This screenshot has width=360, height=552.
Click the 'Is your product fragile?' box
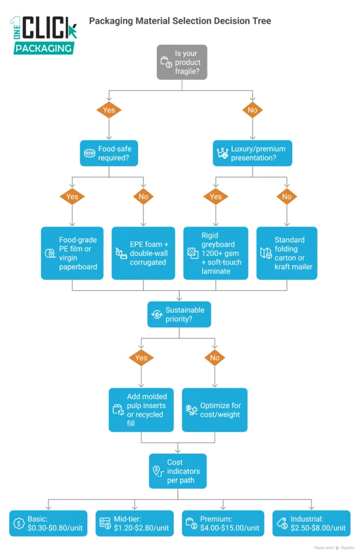pos(182,62)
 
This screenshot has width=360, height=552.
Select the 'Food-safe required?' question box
pos(109,153)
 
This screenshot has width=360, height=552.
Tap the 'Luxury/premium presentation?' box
pos(253,153)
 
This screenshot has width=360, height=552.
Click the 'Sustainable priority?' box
pos(179,314)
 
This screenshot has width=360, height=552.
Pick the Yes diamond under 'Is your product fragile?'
pos(109,110)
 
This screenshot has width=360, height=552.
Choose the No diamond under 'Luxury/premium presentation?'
pos(287,197)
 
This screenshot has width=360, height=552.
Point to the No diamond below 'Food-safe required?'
pos(143,197)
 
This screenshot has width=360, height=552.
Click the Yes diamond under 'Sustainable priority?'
pos(141,357)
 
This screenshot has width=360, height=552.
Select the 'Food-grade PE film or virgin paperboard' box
pos(73,253)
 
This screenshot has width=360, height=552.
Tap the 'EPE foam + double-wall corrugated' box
pos(143,253)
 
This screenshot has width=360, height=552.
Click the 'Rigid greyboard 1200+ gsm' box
pos(216,253)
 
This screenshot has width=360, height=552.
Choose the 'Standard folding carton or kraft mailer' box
pos(287,253)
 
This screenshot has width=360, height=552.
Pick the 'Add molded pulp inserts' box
pos(141,410)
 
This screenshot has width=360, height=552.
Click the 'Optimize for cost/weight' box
pos(214,410)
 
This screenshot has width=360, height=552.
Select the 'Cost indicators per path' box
pos(178,471)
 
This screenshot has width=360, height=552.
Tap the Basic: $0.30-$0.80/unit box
pos(48,523)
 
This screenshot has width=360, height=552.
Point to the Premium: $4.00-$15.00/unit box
pos(221,523)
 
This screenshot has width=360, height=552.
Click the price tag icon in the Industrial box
pos(281,523)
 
